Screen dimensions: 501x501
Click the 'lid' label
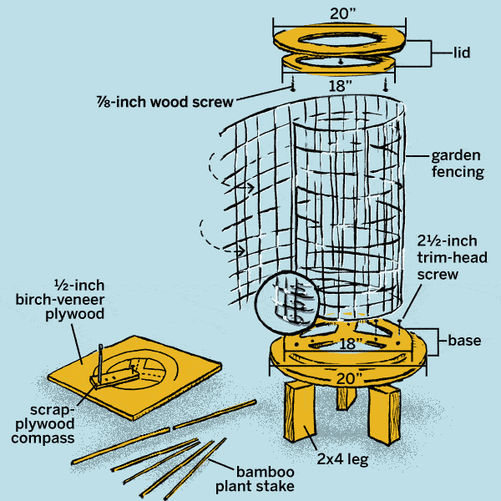459,52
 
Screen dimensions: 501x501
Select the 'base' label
464,341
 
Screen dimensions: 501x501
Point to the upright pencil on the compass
99,361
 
